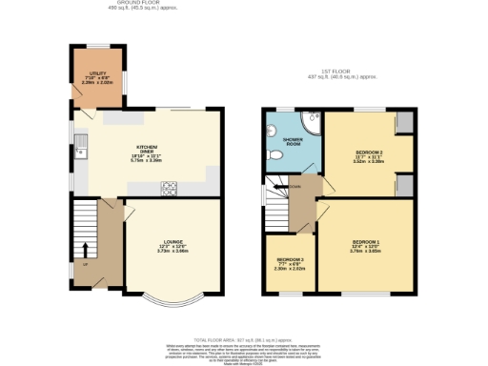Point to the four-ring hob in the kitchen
tap(171, 187)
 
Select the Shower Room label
tap(293, 143)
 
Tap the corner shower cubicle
tap(310, 121)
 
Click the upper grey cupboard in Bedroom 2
tap(404, 123)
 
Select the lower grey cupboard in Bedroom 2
tap(404, 185)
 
